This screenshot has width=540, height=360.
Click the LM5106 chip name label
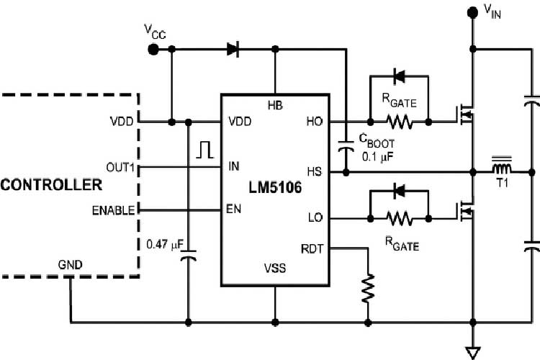[274, 189]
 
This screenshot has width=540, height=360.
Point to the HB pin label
[274, 105]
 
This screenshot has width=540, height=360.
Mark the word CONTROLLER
[50, 186]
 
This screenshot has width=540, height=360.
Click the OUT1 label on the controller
[117, 167]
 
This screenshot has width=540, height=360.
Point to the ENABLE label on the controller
[112, 210]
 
